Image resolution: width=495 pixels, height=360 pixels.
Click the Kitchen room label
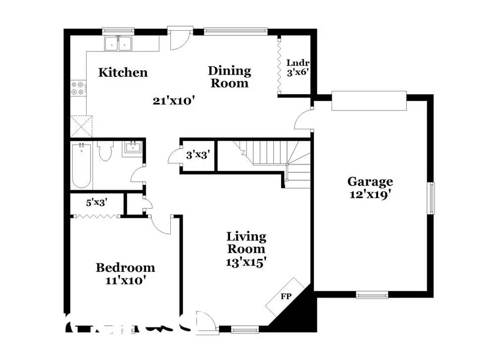123,72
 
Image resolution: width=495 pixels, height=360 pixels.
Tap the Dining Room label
229,77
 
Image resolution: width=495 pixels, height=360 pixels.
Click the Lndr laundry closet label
298,67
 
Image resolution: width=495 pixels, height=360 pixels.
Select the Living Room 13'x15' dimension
247,262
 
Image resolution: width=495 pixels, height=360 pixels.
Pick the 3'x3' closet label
198,155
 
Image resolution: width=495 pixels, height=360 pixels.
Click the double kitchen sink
119,44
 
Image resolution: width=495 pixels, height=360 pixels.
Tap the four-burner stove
78,88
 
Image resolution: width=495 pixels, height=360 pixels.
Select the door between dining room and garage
303,121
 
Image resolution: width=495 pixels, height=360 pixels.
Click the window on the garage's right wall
432,198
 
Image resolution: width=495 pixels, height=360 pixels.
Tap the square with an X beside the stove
82,126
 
